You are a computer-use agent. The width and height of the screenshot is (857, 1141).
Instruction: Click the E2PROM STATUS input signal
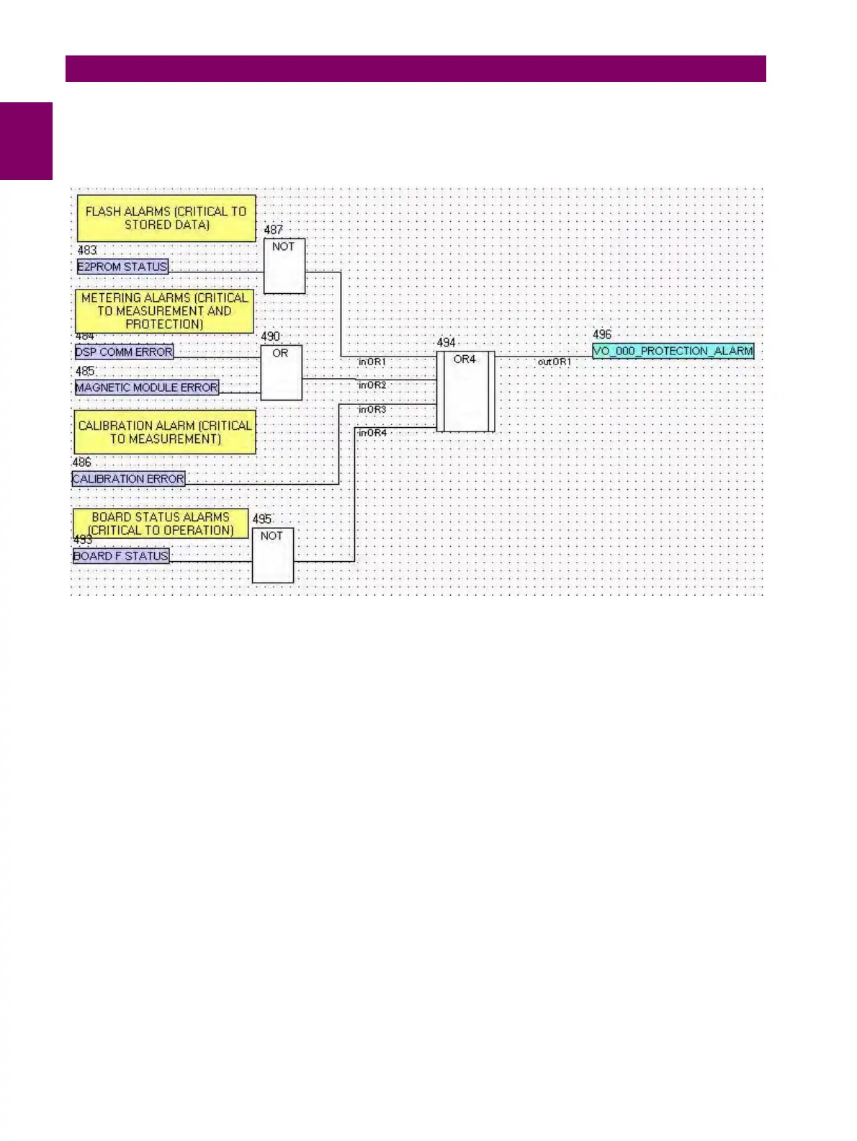pyautogui.click(x=122, y=267)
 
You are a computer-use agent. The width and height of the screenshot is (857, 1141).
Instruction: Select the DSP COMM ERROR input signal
pyautogui.click(x=124, y=352)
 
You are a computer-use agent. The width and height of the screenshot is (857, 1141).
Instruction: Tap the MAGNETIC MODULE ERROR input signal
pyautogui.click(x=147, y=388)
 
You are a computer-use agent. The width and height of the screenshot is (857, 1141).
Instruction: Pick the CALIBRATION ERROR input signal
pyautogui.click(x=128, y=479)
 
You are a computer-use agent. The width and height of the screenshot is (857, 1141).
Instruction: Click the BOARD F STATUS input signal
pyautogui.click(x=121, y=556)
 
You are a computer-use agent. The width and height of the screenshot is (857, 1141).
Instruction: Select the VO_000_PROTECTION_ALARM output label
pyautogui.click(x=673, y=352)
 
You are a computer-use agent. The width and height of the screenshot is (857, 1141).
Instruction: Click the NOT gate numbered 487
pyautogui.click(x=284, y=267)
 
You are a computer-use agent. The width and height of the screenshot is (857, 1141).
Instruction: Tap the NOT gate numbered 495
pyautogui.click(x=272, y=555)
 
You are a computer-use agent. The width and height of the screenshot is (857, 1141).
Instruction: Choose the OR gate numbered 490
pyautogui.click(x=281, y=373)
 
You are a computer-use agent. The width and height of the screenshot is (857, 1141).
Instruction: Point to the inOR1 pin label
pyautogui.click(x=372, y=362)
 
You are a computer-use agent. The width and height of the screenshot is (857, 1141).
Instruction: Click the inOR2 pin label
pyautogui.click(x=372, y=385)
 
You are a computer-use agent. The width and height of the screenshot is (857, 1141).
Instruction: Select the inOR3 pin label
pyautogui.click(x=372, y=409)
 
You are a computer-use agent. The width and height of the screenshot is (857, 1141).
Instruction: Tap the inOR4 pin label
pyautogui.click(x=372, y=433)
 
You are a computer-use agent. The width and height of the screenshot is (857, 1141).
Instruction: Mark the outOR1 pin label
pyautogui.click(x=554, y=362)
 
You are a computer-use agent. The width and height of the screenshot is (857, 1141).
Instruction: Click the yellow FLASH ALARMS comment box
pyautogui.click(x=166, y=218)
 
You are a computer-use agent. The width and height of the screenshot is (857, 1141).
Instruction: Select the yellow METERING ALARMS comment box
pyautogui.click(x=164, y=311)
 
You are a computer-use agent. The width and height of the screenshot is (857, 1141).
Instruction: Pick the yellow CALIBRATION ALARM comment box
pyautogui.click(x=165, y=432)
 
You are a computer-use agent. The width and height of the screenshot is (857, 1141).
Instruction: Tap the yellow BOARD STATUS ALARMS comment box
pyautogui.click(x=161, y=524)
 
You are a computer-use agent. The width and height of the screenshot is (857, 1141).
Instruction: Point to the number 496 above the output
pyautogui.click(x=602, y=334)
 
